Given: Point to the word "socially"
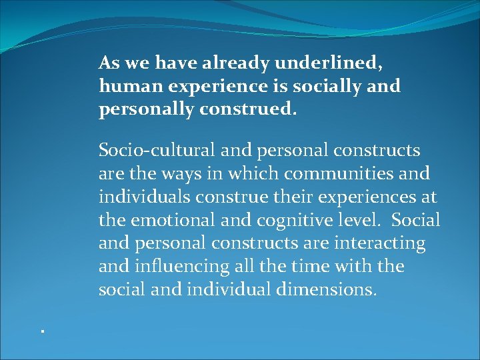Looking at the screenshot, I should click(x=333, y=87).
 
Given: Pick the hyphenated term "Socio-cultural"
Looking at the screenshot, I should click(x=155, y=151).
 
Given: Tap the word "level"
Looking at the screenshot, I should click(x=365, y=221).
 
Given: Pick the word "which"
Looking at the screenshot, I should click(x=252, y=174).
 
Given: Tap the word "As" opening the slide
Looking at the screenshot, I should click(x=108, y=63).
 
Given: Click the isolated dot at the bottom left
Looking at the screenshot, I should click(x=41, y=331).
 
